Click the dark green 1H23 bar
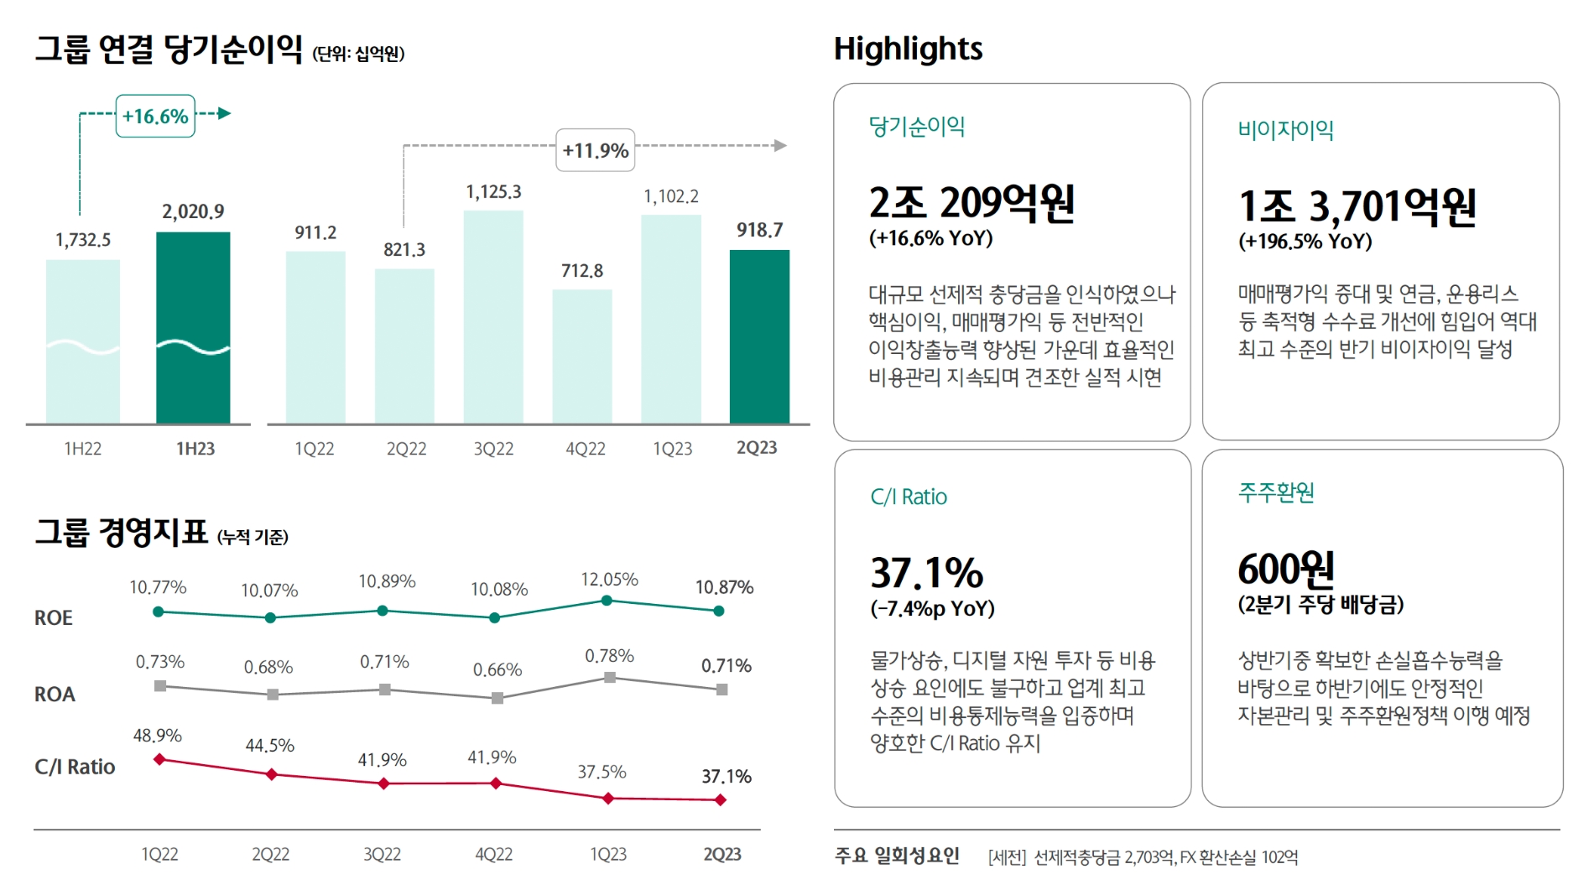tap(193, 327)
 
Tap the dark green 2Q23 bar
tap(759, 336)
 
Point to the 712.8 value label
tap(582, 271)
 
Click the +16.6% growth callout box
tap(155, 117)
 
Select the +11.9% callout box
tap(596, 151)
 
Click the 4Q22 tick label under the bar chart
tap(585, 449)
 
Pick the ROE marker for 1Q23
tap(607, 601)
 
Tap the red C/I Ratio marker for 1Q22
tap(159, 760)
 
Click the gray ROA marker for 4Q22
tap(497, 698)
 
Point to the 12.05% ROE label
tap(609, 580)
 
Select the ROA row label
tap(55, 695)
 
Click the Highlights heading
tap(908, 49)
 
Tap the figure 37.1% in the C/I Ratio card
tap(926, 574)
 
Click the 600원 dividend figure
tap(1285, 570)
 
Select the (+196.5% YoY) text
tap(1305, 242)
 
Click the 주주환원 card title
tap(1276, 492)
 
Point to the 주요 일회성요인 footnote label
tap(897, 856)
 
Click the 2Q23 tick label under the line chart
tap(721, 854)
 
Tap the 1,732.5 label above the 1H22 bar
tap(83, 241)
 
